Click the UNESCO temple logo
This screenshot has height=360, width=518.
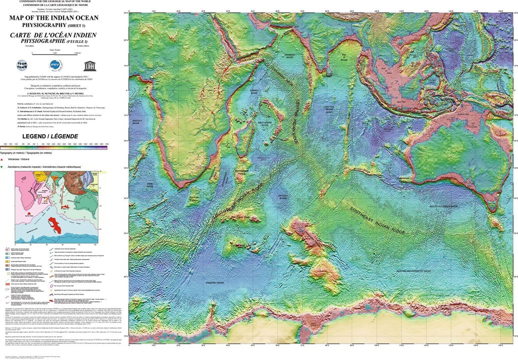90,65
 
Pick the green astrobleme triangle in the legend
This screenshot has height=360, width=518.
4,166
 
